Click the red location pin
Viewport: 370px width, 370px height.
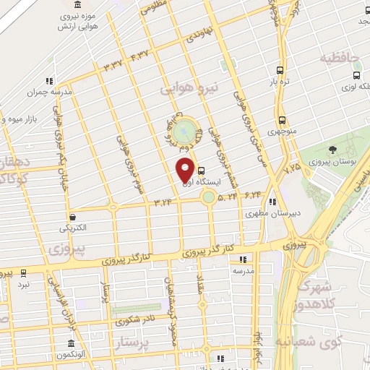[184, 171]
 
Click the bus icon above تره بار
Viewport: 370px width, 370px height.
[280, 71]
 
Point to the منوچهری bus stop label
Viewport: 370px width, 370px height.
[281, 132]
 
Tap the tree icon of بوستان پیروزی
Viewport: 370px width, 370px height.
[332, 150]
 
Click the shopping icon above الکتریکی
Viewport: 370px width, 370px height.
[72, 217]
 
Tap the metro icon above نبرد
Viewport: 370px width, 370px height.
[24, 273]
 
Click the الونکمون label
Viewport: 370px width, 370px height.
[71, 356]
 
